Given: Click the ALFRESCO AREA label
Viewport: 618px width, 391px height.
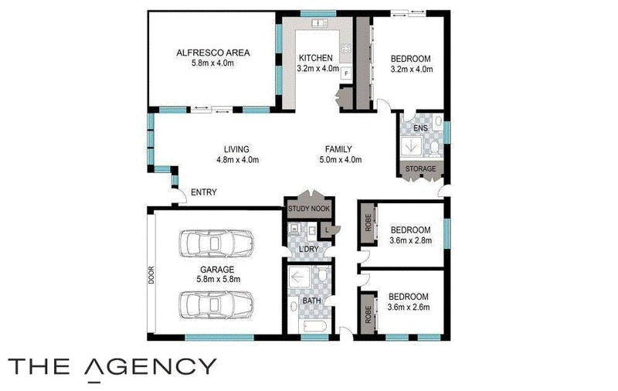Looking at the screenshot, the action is coord(213,53).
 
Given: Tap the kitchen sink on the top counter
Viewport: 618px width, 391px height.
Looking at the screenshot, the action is coord(320,23).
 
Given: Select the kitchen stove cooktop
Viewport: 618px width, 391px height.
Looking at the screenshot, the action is coord(346,49).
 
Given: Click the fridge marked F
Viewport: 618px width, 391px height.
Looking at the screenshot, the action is coord(346,73).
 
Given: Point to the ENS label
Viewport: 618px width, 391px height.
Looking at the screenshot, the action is coord(420,128).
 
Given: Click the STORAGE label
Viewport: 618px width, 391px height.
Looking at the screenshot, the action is coord(420,168).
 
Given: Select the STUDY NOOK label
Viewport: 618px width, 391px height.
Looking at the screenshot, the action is coord(309,209).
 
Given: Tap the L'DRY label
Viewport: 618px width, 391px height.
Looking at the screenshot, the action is coord(308,249).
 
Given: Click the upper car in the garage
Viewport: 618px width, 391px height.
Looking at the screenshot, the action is coord(216,243).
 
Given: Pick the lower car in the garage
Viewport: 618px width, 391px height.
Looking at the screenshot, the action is coord(216,304).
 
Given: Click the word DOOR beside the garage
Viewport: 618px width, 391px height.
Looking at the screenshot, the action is coord(151,276).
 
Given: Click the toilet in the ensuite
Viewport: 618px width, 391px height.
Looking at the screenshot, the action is coord(434,148).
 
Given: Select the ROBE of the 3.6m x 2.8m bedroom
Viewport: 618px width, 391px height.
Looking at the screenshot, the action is coord(368,223).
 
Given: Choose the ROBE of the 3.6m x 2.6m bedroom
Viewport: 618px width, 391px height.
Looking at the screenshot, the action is coord(368,314).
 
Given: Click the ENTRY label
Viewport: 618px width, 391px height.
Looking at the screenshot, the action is coord(204,192).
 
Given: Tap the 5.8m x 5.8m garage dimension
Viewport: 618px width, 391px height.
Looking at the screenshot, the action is coord(219,279).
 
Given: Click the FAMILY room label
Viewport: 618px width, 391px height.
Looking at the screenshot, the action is coord(338,149).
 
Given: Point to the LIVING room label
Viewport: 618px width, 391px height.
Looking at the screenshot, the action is coord(236,149).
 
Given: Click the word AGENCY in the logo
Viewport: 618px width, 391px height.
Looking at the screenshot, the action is coord(151,368).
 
